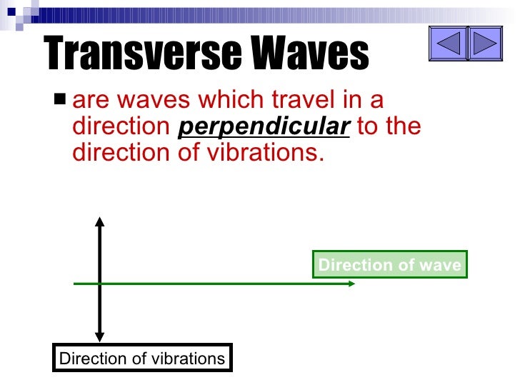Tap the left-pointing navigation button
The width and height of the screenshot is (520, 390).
[x=448, y=44]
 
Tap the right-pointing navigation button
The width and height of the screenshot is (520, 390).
[x=485, y=44]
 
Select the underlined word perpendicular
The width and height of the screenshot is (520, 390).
[x=264, y=126]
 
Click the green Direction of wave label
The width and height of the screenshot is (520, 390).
[x=389, y=265]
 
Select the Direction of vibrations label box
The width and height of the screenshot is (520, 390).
[x=142, y=359]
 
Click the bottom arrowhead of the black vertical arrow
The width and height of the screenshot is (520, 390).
[x=100, y=336]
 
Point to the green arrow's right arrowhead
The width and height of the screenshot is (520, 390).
[x=351, y=284]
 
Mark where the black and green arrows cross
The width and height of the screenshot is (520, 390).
[x=100, y=284]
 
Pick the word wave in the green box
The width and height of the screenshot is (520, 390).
[x=440, y=265]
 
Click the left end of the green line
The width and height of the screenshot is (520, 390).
[x=75, y=284]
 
